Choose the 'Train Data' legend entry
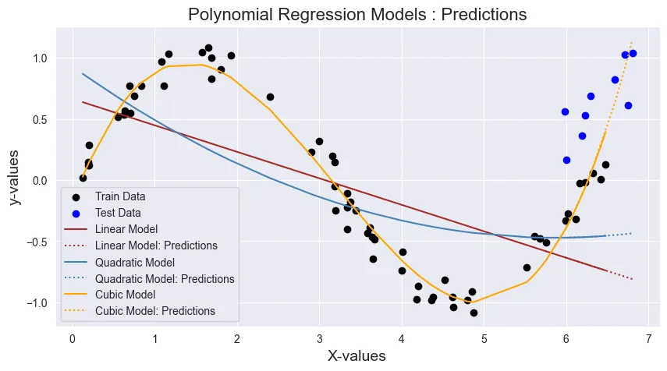pyautogui.click(x=120, y=196)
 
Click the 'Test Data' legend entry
pyautogui.click(x=118, y=212)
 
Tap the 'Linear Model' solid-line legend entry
pyautogui.click(x=125, y=229)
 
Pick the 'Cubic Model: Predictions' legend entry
pyautogui.click(x=154, y=310)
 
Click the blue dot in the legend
pyautogui.click(x=76, y=212)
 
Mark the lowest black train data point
pyautogui.click(x=474, y=313)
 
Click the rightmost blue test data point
pyautogui.click(x=633, y=53)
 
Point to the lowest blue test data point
pyautogui.click(x=566, y=160)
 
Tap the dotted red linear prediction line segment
pyautogui.click(x=619, y=274)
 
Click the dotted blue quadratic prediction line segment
pyautogui.click(x=619, y=235)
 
